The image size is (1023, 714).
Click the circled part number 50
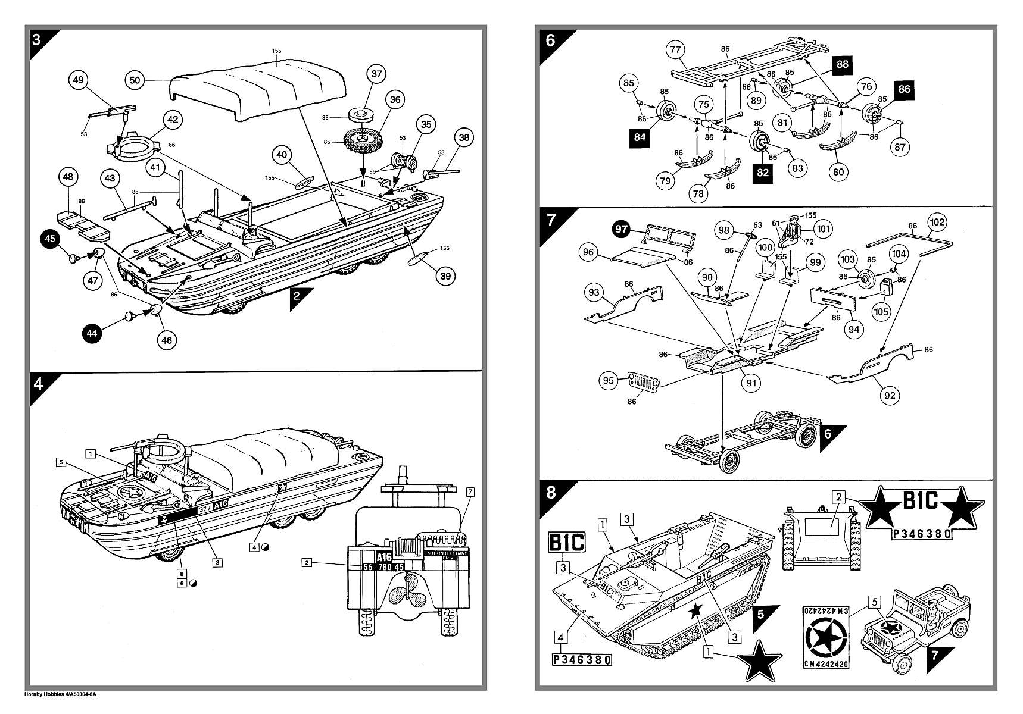135,80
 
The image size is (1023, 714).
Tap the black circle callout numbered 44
92,334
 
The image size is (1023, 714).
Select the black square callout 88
842,64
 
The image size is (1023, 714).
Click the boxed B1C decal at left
566,542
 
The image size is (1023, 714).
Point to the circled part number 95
608,381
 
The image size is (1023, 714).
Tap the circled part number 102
937,223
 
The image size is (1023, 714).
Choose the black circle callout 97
622,229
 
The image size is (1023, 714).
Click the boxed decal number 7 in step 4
470,491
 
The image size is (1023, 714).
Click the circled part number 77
675,49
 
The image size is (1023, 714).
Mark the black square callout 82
763,173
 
